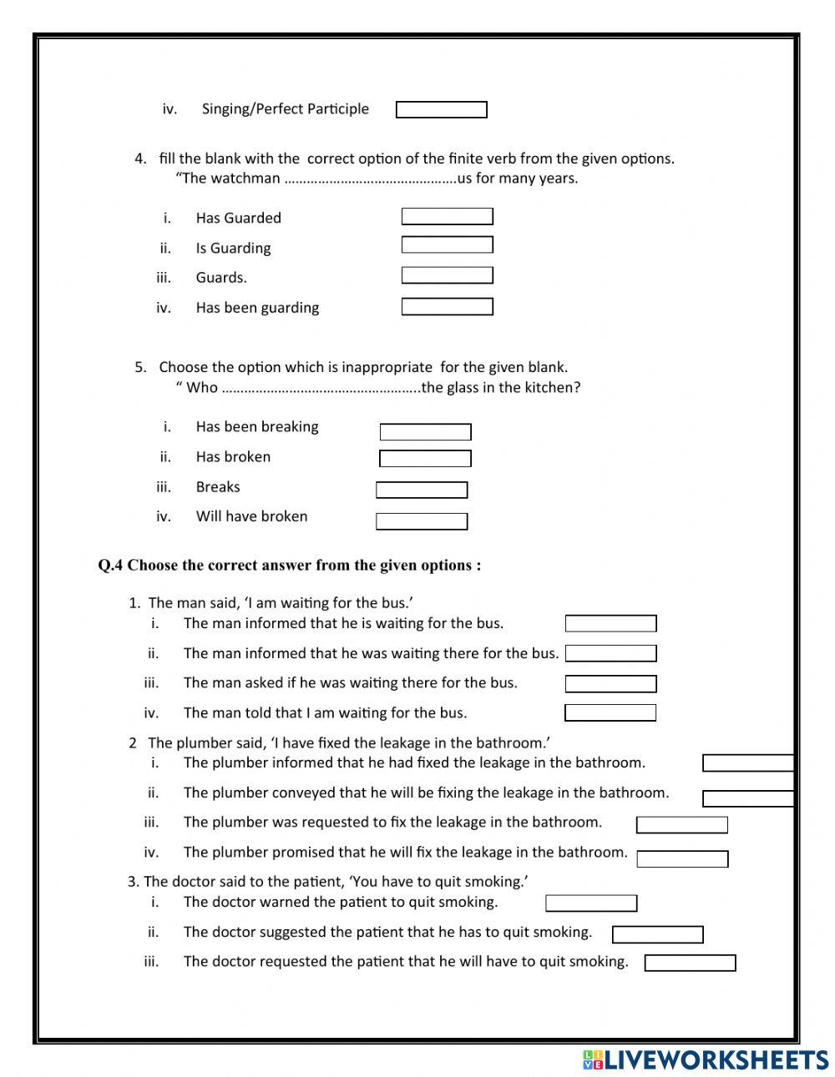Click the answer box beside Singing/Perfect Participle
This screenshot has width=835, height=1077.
pos(441,110)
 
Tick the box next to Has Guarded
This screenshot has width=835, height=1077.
pos(447,217)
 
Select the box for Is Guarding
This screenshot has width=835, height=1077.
pos(447,245)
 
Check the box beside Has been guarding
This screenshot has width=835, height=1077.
pos(447,307)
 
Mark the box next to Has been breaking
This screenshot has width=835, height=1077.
pos(425,432)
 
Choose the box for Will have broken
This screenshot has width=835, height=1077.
pos(422,521)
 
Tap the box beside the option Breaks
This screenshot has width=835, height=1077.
pos(422,491)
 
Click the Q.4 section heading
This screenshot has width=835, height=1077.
pos(289,566)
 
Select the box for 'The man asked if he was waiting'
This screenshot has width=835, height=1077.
pos(610,684)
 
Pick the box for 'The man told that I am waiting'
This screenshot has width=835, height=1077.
pos(610,713)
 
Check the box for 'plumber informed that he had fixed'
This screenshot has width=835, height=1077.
pos(747,763)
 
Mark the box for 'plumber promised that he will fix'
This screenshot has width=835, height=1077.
pos(682,859)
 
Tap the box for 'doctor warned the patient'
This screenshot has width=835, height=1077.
pos(591,903)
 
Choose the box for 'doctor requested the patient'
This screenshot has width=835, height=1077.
pos(690,964)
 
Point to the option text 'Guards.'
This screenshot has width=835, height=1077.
pos(221,278)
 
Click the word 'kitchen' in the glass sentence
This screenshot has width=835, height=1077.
pos(551,387)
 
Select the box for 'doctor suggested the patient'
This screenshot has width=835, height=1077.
pos(657,934)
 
